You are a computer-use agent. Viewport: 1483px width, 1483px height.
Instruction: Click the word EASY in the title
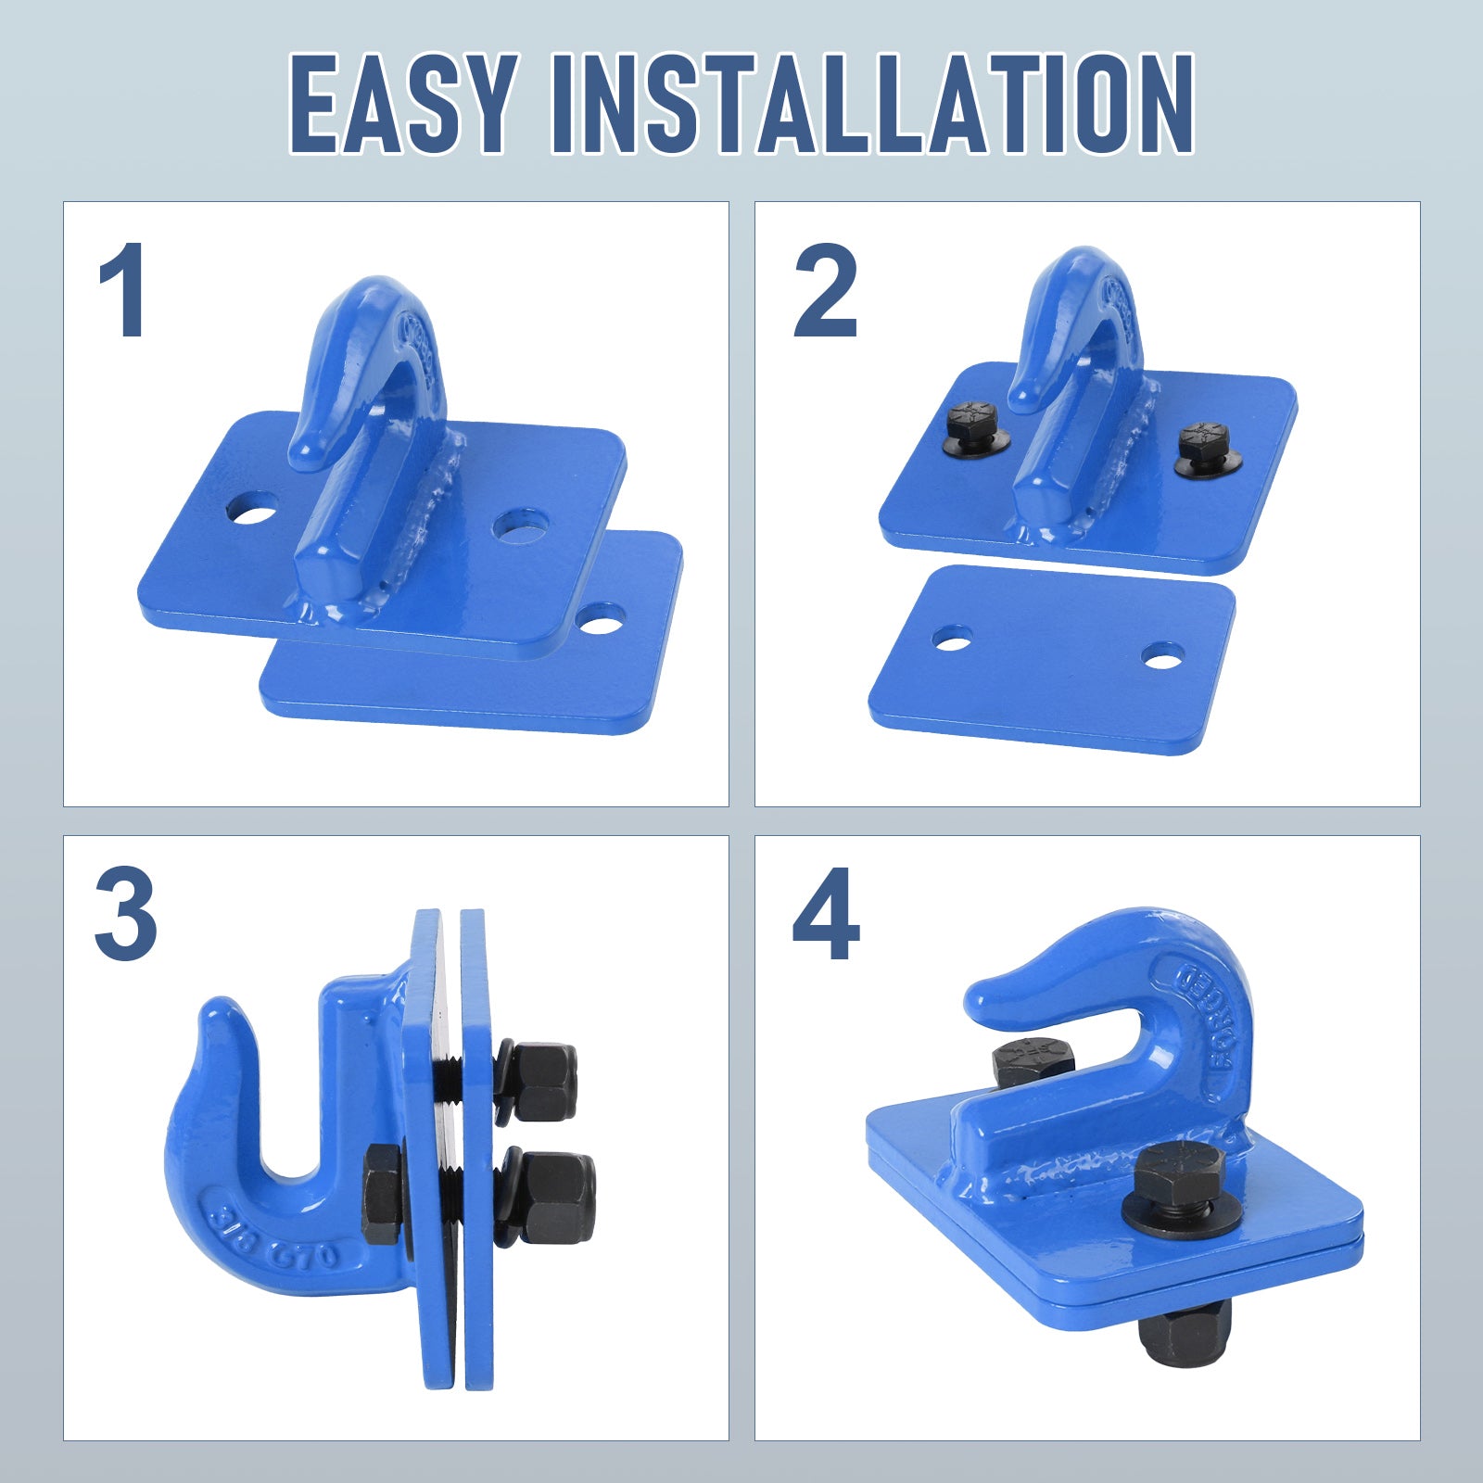403,103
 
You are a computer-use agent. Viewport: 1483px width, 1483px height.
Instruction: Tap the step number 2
825,289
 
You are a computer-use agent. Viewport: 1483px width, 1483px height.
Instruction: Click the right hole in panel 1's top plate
520,526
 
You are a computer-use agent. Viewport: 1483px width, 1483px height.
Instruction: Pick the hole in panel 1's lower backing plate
600,618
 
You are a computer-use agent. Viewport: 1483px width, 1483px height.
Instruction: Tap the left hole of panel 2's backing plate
953,638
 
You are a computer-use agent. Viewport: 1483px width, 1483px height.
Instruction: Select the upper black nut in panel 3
539,1081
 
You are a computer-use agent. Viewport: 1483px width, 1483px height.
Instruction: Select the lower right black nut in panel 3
549,1198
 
